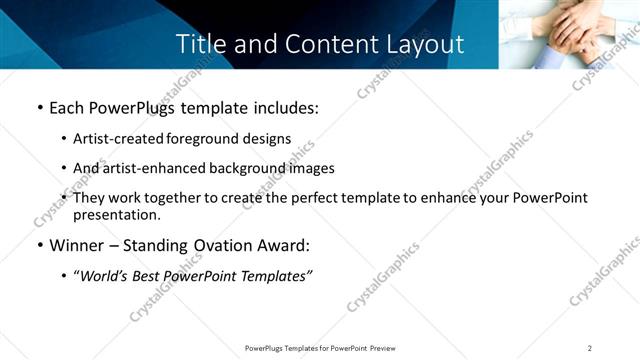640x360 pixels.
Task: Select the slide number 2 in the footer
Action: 590,347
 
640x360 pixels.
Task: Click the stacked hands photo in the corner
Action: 569,33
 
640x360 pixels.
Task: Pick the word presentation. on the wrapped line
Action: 116,214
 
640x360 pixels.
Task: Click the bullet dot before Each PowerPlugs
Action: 39,108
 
